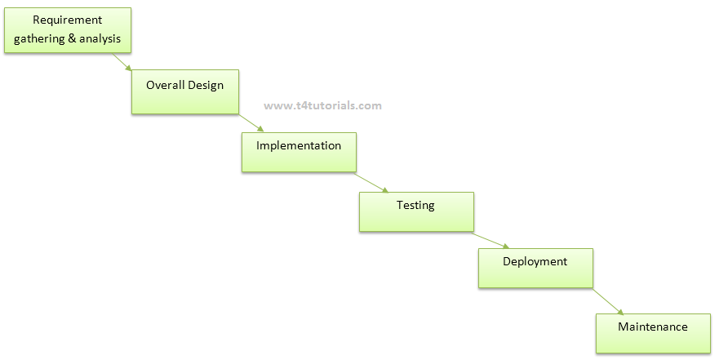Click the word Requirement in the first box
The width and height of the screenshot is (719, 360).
[x=68, y=20]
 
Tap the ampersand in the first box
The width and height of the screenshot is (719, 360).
[x=72, y=38]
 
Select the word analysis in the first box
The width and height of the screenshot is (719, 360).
[x=100, y=38]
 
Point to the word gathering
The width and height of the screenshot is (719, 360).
[x=39, y=39]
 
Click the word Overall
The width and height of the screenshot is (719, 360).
[x=166, y=85]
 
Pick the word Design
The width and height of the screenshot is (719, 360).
[x=206, y=86]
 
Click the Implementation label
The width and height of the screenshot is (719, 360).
[x=299, y=146]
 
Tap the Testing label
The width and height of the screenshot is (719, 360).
[x=415, y=206]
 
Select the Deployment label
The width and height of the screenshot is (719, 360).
[x=535, y=262]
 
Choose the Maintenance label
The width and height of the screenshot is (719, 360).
[x=653, y=327]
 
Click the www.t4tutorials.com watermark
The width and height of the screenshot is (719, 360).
[x=323, y=106]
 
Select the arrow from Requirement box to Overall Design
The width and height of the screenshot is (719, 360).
[x=122, y=61]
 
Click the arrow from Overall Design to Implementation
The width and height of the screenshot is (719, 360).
[x=251, y=123]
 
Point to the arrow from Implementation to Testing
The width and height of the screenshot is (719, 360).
[x=371, y=183]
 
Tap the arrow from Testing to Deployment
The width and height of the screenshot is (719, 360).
[x=490, y=240]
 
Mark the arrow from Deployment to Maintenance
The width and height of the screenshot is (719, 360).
[x=608, y=302]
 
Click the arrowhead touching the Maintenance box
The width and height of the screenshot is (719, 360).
[x=620, y=313]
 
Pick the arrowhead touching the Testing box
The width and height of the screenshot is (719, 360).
[x=385, y=190]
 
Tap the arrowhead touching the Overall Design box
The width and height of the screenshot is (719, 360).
[x=128, y=68]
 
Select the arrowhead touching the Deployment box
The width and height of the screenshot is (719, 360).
[x=506, y=247]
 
